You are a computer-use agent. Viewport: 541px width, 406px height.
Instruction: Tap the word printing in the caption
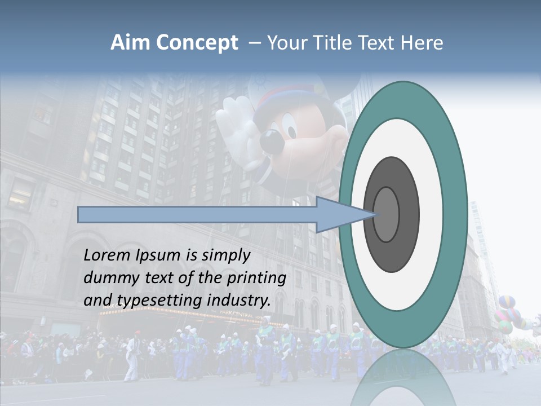[x=256, y=278]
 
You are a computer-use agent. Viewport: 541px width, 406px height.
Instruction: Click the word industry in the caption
[x=238, y=300]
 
